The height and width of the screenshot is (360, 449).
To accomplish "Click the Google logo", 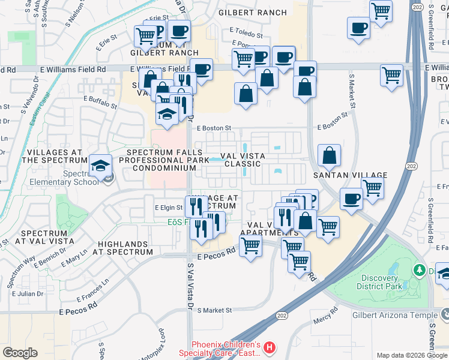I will (20, 353).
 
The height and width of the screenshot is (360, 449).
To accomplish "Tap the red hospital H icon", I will (270, 347).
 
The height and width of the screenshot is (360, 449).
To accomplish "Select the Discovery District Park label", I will (389, 282).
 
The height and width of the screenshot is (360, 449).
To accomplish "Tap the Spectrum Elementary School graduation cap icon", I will (101, 165).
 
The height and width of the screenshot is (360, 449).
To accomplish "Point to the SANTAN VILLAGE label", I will (349, 175).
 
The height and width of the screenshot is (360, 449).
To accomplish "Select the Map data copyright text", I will (411, 355).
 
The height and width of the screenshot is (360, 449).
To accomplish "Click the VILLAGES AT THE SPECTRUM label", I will (55, 156).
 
